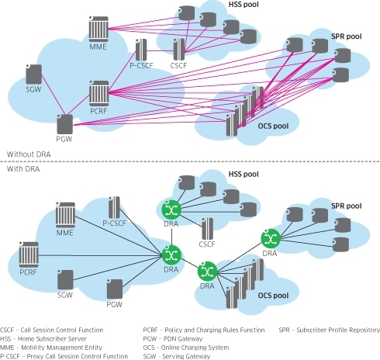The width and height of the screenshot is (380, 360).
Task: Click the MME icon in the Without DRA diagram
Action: pos(98,29)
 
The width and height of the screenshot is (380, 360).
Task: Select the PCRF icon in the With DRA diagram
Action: pos(29,254)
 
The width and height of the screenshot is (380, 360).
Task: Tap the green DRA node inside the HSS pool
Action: pos(171,209)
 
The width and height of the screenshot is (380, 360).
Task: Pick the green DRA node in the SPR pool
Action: pos(271,238)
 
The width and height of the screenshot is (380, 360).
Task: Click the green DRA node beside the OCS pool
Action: pos(207,272)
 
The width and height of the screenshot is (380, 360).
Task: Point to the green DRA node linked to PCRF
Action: pos(171,254)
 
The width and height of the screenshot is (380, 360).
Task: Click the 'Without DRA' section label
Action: pos(29,154)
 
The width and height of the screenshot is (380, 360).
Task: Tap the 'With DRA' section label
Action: pos(23,169)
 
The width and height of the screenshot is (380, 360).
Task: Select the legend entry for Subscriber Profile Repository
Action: pos(330,331)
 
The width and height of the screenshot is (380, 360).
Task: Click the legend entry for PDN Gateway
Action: pos(173,339)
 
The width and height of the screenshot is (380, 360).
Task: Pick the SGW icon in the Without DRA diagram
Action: pos(34,74)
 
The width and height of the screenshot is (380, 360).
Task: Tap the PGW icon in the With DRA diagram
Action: pos(115,289)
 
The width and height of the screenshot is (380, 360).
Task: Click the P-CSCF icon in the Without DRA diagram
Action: pos(141,50)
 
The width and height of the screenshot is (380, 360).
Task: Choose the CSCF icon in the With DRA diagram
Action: pos(207,229)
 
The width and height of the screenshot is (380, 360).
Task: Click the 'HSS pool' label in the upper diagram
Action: pos(244,5)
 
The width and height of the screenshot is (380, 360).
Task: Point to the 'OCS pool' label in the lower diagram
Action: pos(273,296)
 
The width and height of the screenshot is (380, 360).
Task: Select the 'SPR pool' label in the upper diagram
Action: pos(347,36)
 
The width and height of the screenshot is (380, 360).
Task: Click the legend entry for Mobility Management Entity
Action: pos(51,348)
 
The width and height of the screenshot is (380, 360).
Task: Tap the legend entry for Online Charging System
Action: pos(186,348)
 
